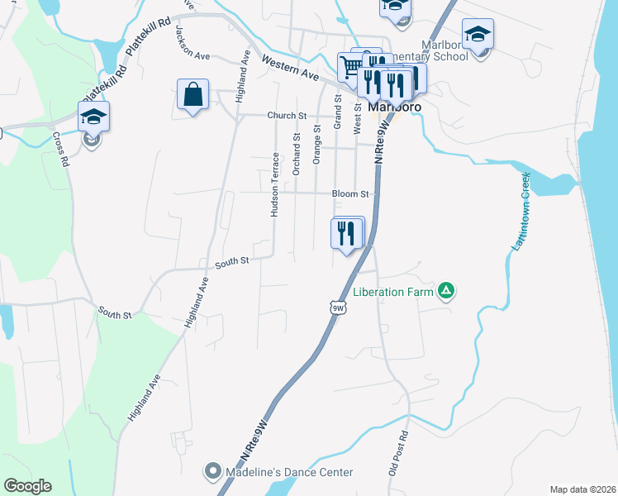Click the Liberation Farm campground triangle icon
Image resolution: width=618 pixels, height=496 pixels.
445,290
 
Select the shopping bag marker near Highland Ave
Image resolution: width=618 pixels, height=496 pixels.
193,94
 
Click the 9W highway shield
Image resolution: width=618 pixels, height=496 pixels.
337,308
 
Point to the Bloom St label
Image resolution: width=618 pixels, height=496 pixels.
349,193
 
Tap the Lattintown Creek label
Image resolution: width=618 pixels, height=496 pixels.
520,211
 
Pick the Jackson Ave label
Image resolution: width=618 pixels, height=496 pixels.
193,42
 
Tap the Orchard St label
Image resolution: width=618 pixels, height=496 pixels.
296,152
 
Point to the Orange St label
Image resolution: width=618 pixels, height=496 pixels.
316,145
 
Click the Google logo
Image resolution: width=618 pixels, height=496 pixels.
27,486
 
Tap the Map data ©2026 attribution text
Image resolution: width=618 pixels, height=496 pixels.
582,489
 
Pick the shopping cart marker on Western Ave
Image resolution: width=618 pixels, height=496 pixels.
350,66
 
